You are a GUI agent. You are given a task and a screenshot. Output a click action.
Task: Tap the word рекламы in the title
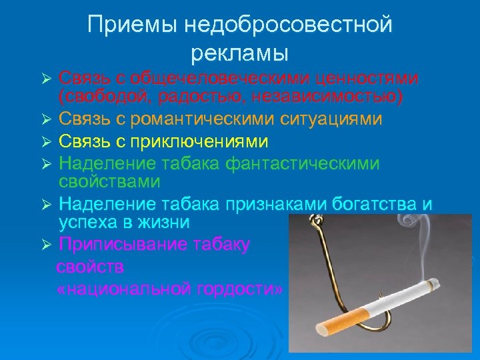[239, 52]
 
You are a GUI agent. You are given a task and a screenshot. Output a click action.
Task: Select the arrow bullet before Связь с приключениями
[45, 142]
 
